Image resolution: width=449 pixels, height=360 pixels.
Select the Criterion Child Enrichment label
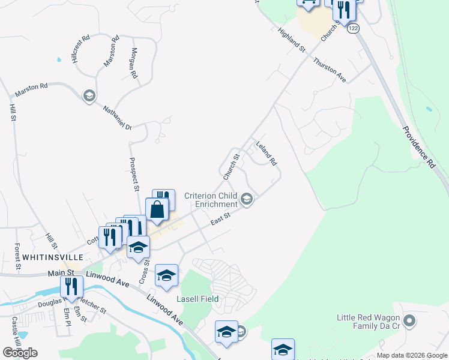pos(211,199)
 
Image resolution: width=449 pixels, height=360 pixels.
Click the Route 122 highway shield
pos(353,28)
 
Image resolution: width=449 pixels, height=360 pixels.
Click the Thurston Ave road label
pos(330,69)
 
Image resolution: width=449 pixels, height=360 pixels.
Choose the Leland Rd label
pos(266,154)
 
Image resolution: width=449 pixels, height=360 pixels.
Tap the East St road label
pos(221,220)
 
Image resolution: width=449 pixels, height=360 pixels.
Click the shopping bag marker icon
pos(157,210)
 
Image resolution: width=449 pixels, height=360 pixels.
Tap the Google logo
pos(20,353)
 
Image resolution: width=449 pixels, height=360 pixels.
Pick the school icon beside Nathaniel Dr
pos(89,96)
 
